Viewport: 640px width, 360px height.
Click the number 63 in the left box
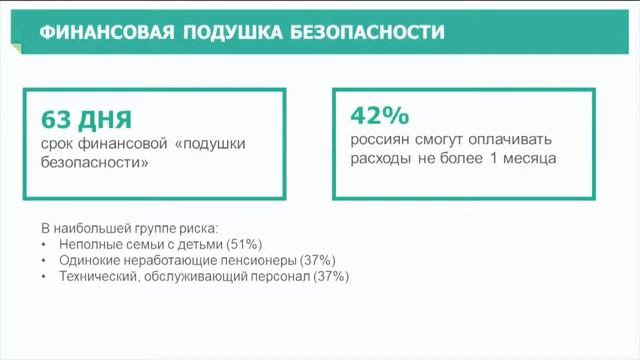tap(55, 120)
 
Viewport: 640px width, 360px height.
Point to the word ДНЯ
tap(108, 120)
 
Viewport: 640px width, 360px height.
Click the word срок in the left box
tap(57, 144)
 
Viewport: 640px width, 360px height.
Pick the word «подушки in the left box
tap(209, 144)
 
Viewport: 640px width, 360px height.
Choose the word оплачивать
tap(509, 139)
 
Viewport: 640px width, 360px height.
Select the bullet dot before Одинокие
tap(45, 260)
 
